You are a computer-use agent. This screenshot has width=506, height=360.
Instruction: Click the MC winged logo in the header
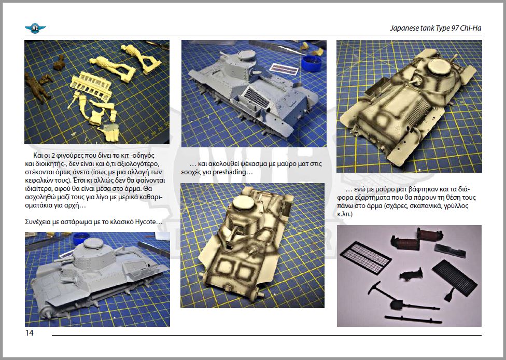[x=35, y=29]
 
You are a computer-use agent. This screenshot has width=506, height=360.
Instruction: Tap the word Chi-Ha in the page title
[x=471, y=28]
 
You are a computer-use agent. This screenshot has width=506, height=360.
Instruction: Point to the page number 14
[x=29, y=333]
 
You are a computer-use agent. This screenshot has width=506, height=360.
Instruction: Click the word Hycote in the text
[x=145, y=222]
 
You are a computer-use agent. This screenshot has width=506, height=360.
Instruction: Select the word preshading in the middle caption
[x=229, y=172]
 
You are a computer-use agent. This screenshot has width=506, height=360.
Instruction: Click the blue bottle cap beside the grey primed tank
[x=312, y=63]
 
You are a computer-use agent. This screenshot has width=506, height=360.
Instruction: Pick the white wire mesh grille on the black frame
[x=366, y=257]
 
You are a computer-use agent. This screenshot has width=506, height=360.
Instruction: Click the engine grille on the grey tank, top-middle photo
[x=255, y=97]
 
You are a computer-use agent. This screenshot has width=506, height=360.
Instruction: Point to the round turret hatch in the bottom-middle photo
[x=243, y=203]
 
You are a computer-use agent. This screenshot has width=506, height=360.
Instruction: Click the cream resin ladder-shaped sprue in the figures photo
[x=91, y=85]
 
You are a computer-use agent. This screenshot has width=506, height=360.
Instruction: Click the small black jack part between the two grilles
[x=411, y=274]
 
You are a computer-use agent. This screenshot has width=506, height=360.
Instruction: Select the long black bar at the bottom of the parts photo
[x=413, y=320]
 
